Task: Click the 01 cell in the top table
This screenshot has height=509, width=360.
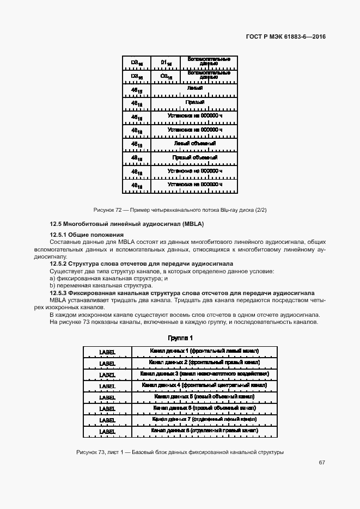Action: pos(167,62)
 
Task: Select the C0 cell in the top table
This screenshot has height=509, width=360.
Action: pos(167,76)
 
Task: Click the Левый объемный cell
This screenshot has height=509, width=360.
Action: pos(194,144)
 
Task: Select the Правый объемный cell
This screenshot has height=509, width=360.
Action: pos(194,158)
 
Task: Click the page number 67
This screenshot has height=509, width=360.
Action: pos(322,463)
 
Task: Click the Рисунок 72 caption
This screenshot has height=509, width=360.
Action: pos(180,210)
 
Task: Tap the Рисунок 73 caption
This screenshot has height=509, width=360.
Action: pos(180,452)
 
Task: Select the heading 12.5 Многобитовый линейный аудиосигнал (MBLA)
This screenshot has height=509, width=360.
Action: pos(126,224)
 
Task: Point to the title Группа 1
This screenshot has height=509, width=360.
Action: pos(180,338)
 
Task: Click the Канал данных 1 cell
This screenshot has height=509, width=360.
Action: pos(204,351)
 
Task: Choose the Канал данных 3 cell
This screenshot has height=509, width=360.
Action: pos(204,374)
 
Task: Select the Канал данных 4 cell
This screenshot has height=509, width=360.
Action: pos(204,385)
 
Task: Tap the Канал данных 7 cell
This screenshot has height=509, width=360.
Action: pos(204,419)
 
